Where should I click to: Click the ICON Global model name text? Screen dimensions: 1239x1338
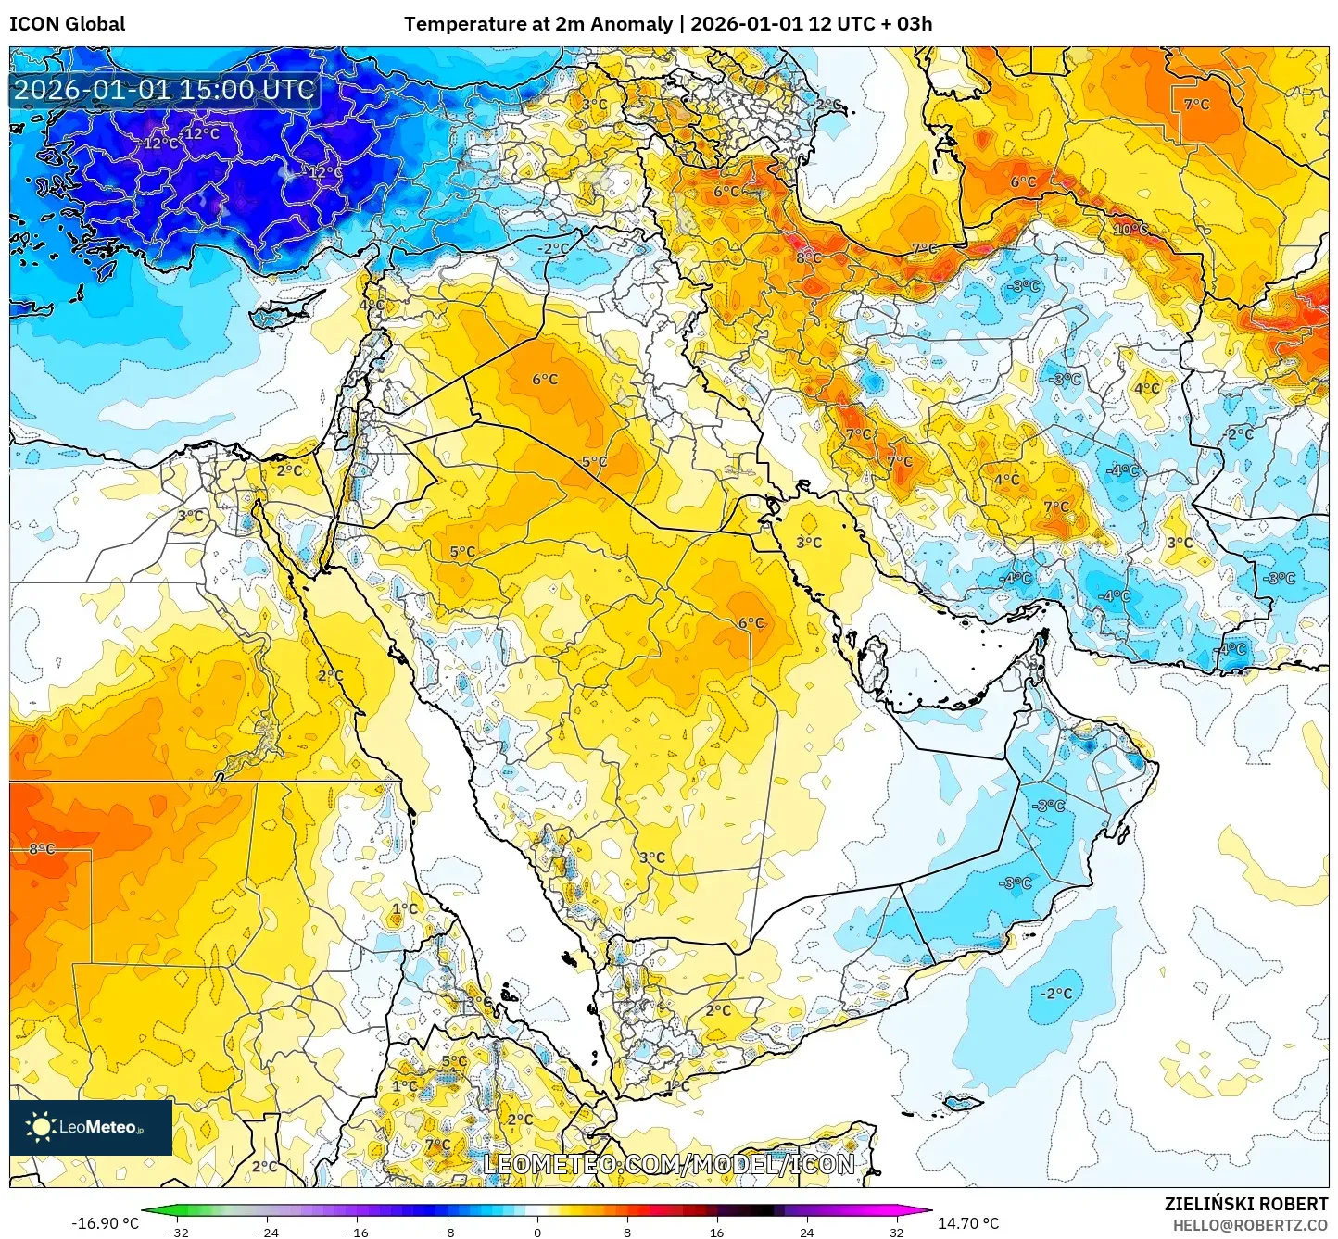coord(67,24)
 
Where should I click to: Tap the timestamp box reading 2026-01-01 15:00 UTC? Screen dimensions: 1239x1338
coord(164,90)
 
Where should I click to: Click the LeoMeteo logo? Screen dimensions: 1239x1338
coord(91,1127)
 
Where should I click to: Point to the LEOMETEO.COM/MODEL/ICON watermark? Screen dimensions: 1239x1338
coord(668,1164)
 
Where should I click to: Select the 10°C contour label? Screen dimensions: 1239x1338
coord(1130,230)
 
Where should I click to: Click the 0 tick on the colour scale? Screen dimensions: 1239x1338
coord(537,1232)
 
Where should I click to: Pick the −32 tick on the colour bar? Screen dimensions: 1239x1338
coord(178,1232)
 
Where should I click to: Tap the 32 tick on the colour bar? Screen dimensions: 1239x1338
coord(896,1232)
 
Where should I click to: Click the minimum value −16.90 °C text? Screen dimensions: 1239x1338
coord(105,1223)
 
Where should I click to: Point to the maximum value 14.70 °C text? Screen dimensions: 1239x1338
coord(968,1223)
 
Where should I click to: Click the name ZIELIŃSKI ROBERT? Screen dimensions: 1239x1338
coord(1246,1204)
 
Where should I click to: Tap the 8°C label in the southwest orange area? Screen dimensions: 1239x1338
coord(42,849)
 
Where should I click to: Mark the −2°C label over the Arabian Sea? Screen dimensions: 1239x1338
coord(1055,994)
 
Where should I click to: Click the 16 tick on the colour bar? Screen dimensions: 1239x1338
coord(716,1232)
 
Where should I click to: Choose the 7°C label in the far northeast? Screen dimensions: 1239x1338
coord(1196,105)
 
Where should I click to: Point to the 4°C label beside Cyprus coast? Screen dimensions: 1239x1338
coord(372,305)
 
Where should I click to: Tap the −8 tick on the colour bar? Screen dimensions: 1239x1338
coord(448,1232)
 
